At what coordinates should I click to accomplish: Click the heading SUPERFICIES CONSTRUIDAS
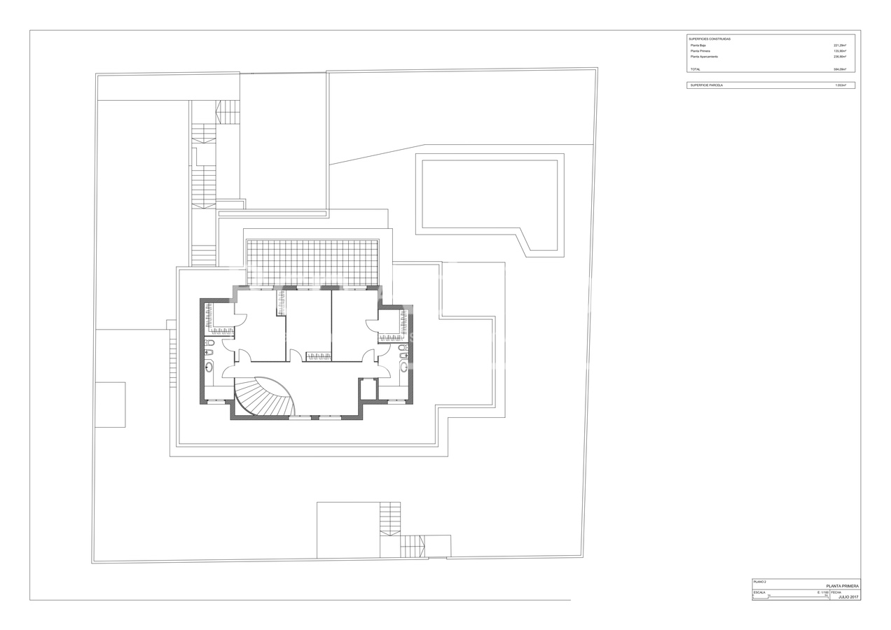tap(710, 39)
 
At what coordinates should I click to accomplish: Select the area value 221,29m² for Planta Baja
tap(839, 45)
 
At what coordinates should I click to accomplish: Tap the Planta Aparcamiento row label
tap(704, 57)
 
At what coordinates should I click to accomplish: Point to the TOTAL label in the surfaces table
tap(695, 69)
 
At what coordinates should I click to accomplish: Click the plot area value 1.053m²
tap(840, 85)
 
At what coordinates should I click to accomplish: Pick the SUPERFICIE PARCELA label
tap(706, 85)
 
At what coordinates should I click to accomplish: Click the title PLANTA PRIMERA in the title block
tap(842, 586)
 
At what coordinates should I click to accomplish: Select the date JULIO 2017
tap(848, 597)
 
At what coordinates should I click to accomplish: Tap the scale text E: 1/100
tap(822, 592)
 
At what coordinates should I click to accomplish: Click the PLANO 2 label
tap(760, 582)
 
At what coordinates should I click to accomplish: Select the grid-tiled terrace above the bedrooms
tap(312, 262)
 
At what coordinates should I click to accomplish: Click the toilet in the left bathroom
tap(209, 343)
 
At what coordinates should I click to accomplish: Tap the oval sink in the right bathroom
tap(403, 366)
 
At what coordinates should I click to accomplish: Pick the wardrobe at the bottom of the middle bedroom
tap(319, 356)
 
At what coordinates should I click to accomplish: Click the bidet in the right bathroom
tap(402, 356)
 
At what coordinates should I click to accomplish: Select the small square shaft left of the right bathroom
tap(368, 388)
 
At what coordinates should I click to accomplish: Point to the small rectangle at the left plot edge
tap(110, 405)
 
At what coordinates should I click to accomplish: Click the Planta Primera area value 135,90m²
tap(839, 51)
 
